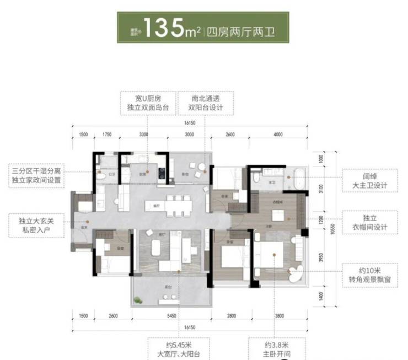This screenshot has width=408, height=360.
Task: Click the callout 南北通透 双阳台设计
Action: coord(205,103)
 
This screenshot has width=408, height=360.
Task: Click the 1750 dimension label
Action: coord(107,134)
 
